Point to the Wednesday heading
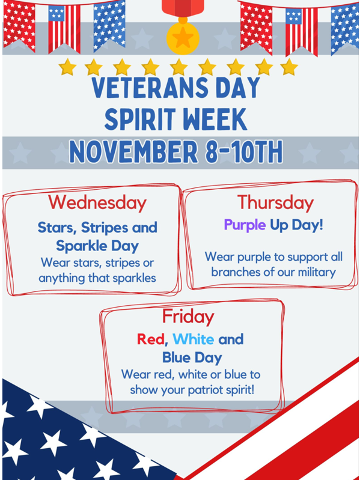tap(97, 202)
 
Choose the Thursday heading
tap(275, 202)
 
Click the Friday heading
tap(188, 316)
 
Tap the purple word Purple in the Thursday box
tap(245, 225)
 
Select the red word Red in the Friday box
tap(150, 339)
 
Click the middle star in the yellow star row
tap(178, 66)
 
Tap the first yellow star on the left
tap(67, 66)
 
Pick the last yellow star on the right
tap(289, 66)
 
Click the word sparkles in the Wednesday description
tap(133, 278)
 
